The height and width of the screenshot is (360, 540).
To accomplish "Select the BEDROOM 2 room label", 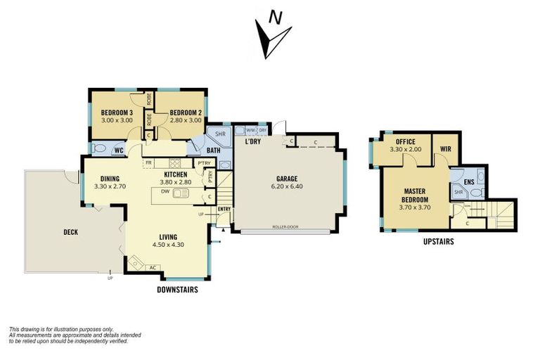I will point(186,112).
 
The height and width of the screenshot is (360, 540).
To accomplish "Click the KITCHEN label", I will point(176,174).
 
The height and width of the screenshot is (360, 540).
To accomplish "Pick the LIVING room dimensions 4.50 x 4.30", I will point(167,245).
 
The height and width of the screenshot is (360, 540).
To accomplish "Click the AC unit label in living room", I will point(153,267).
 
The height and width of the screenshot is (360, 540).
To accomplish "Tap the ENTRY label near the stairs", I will point(224,209).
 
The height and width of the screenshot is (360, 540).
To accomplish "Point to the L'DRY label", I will point(252,142).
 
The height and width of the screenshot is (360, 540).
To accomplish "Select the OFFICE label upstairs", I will point(405,141).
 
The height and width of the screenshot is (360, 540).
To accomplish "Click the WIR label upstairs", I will point(445,149).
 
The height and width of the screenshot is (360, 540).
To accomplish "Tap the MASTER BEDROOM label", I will point(416,195).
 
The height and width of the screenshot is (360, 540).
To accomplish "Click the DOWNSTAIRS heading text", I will point(176,289).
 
